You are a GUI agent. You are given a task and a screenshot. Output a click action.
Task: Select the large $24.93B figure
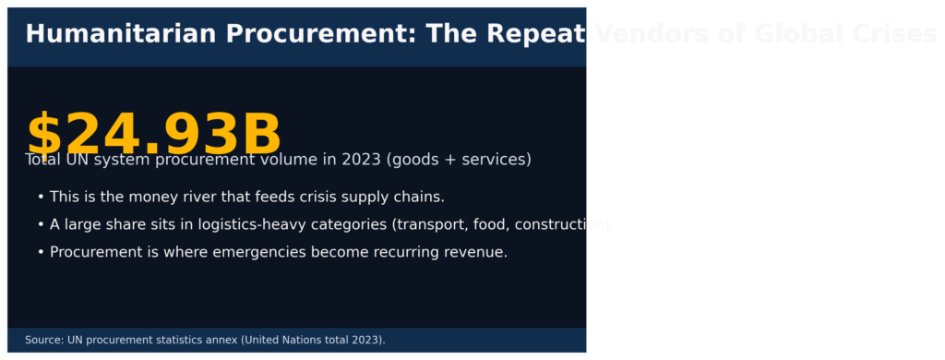point(153,135)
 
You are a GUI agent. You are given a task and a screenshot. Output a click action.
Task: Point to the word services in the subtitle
point(494,160)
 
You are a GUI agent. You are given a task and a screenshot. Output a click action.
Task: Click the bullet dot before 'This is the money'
point(41,198)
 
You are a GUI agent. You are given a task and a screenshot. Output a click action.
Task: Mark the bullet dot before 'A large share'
point(41,225)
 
